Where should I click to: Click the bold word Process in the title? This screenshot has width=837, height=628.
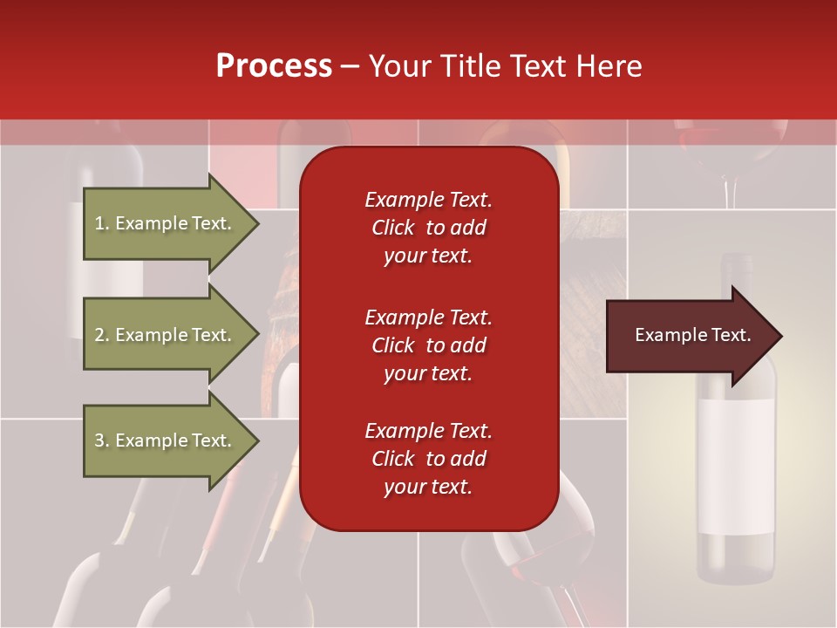point(274,66)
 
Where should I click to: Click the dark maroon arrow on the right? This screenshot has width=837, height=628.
point(689,336)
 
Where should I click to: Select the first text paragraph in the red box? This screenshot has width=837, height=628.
point(428,228)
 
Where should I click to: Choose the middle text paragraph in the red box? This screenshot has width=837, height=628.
point(428,345)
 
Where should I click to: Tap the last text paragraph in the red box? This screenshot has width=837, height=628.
point(428,459)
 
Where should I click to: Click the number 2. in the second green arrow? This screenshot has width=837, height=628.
point(102,335)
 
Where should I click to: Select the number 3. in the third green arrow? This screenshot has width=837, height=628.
point(102,440)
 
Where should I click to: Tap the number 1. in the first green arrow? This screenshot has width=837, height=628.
point(102,223)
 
